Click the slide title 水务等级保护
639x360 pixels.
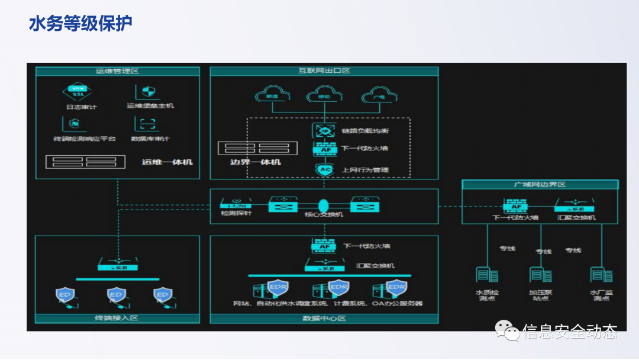coord(80,24)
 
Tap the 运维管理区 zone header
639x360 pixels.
coord(117,71)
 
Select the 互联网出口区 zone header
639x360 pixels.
coord(324,71)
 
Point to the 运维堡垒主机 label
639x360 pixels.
coord(150,106)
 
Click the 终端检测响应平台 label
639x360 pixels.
coord(84,139)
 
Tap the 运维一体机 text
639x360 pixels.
coord(167,162)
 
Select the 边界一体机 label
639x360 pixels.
coord(255,162)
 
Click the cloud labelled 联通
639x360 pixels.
coord(272,95)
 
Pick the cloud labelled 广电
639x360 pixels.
coord(377,95)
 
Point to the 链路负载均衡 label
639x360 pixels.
coord(365,130)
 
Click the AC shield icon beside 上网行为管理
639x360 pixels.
coord(324,170)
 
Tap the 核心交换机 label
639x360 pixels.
coord(324,214)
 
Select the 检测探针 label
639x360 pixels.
coord(236,213)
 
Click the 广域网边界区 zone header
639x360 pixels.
coord(540,185)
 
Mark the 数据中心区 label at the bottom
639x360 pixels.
coord(324,319)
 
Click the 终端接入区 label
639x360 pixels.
coord(117,319)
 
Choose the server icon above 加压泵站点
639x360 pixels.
coord(540,275)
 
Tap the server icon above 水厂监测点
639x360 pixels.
coord(600,275)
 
